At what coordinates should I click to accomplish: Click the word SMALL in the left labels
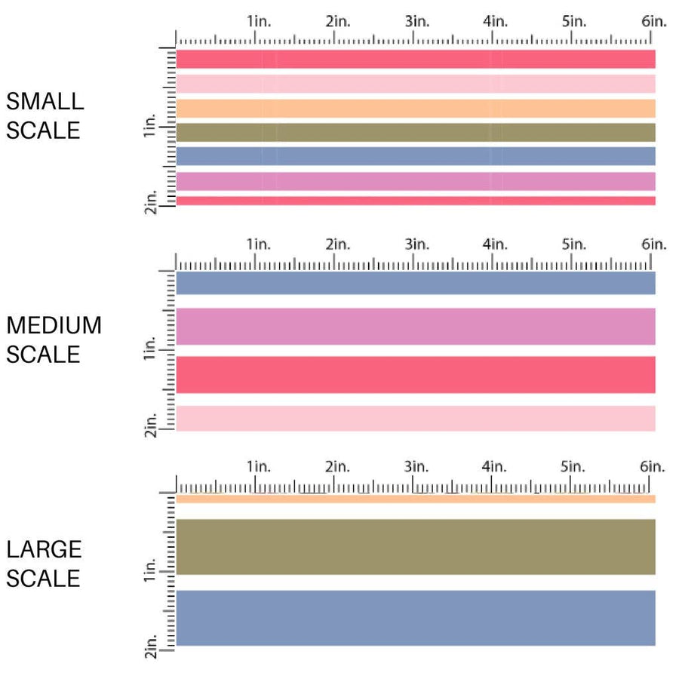(45, 101)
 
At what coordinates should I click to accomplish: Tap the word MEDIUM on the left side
(54, 325)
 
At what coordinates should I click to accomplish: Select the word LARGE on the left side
(44, 549)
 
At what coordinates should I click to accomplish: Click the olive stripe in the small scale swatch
(415, 132)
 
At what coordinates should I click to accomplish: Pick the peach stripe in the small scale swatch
(415, 108)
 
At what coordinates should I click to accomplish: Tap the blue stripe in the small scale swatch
(415, 156)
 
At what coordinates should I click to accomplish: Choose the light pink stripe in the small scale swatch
(415, 84)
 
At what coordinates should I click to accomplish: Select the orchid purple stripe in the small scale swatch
(415, 181)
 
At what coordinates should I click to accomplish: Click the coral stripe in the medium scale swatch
(415, 374)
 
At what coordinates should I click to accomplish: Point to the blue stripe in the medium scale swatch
(415, 283)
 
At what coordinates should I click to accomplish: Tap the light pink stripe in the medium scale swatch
(415, 418)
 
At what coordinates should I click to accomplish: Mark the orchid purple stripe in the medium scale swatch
(415, 327)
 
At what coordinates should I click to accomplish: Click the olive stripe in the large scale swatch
(415, 547)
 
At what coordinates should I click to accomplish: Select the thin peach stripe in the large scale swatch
(415, 499)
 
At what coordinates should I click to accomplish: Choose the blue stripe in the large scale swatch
(415, 617)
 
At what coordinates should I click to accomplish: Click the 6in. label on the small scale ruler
(653, 22)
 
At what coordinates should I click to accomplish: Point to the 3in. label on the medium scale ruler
(416, 244)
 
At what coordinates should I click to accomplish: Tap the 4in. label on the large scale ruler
(495, 467)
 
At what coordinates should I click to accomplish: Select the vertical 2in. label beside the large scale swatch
(151, 653)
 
